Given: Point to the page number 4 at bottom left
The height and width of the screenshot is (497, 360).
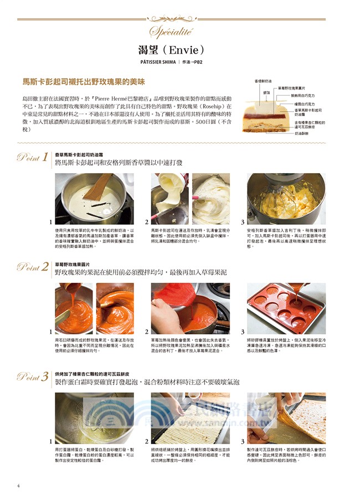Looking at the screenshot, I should click(x=18, y=486).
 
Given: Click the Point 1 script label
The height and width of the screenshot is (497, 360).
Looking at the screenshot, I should click(x=32, y=158).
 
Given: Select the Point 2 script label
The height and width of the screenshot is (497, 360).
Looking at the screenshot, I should click(x=32, y=268).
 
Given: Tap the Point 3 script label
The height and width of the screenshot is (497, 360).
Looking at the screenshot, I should click(x=32, y=377).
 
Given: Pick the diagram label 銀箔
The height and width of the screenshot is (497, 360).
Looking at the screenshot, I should click(x=266, y=93).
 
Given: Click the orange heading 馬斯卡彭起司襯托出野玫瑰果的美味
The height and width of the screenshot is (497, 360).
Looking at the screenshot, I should click(x=83, y=81).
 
